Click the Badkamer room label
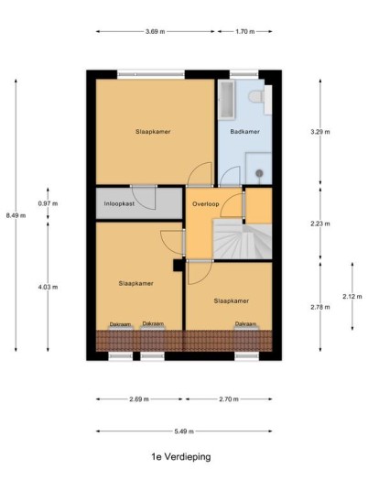[244, 132]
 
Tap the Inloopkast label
[119, 203]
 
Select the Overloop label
[206, 204]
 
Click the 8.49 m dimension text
[16, 215]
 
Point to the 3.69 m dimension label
[156, 31]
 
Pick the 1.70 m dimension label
[244, 31]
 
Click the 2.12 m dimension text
[352, 296]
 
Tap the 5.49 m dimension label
[184, 431]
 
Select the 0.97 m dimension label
[48, 203]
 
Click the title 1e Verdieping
[181, 457]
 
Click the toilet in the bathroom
[255, 96]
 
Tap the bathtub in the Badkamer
[226, 100]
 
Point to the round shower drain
[259, 173]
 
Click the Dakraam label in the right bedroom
[245, 323]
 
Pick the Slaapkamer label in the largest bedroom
[153, 132]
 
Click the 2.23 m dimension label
[320, 224]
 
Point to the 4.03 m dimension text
[48, 287]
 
